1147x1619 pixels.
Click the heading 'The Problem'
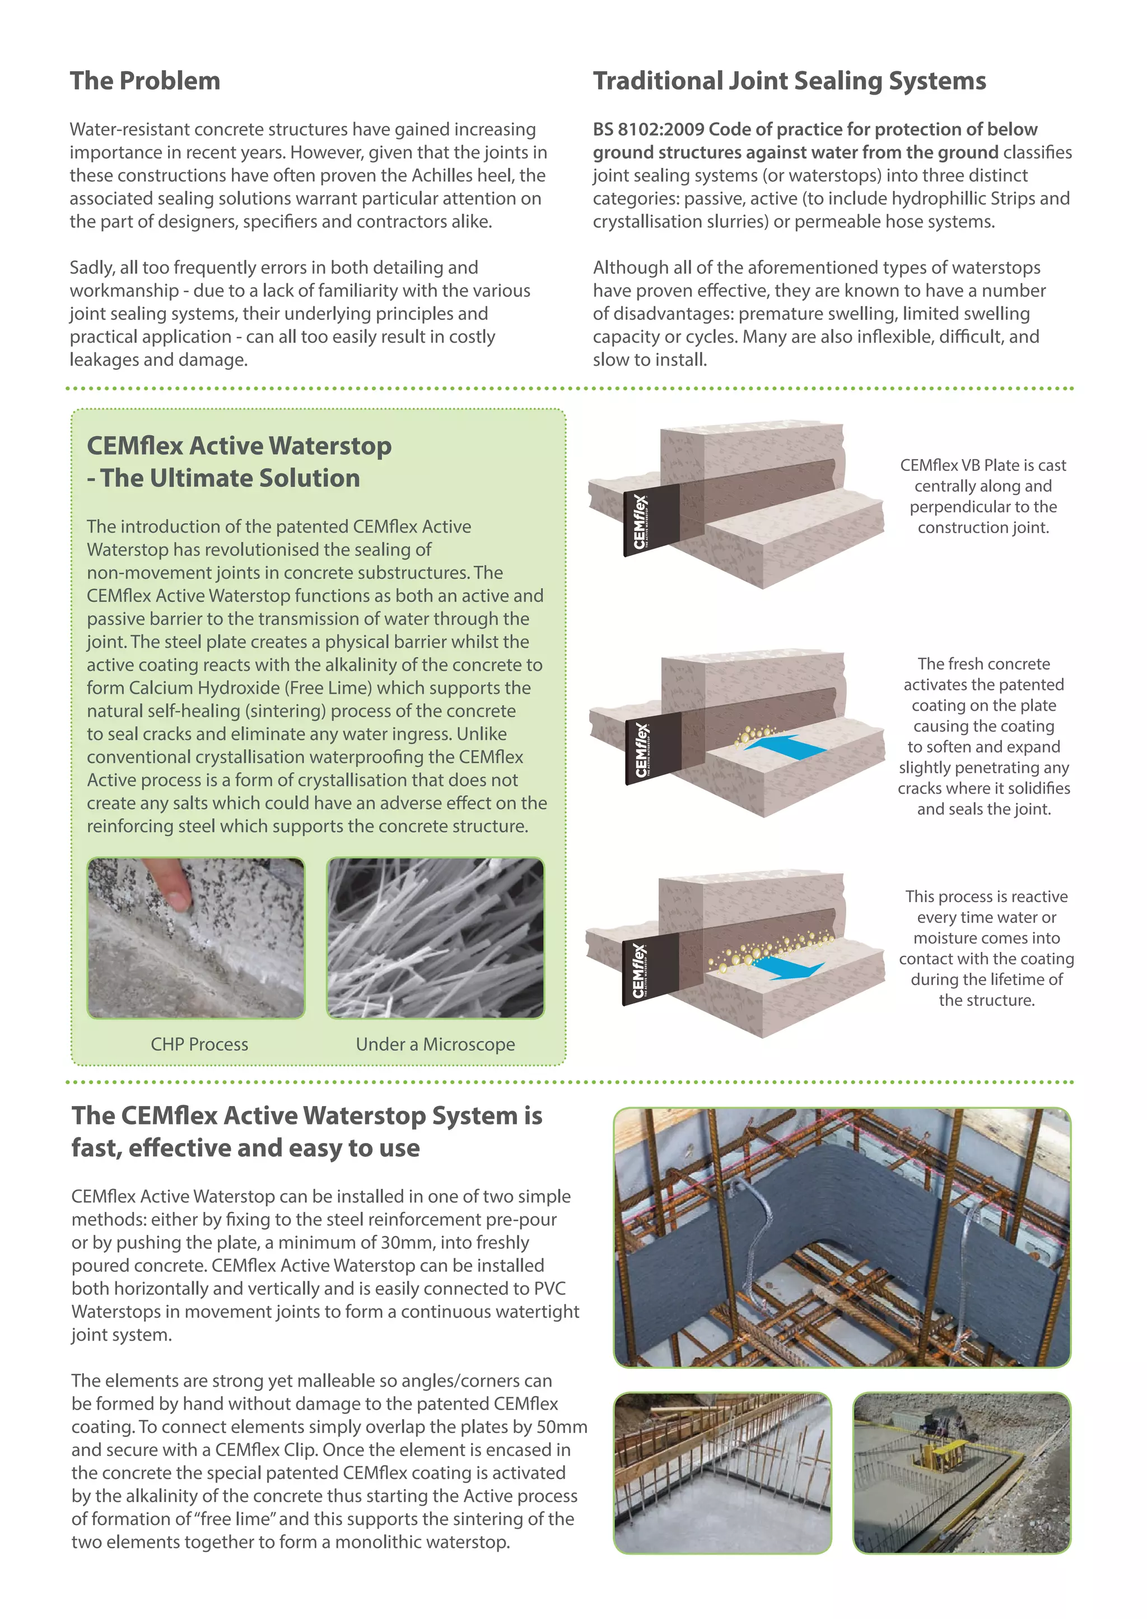(x=145, y=81)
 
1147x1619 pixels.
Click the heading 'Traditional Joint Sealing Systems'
(x=789, y=81)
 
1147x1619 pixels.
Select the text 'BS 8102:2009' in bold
(x=649, y=130)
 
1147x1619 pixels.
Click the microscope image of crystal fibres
(x=435, y=937)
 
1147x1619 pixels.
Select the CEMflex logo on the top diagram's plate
(x=641, y=521)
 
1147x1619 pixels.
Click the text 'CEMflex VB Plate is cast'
(x=982, y=465)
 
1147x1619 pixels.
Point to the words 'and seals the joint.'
(x=983, y=809)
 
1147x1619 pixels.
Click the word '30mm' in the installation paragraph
(x=400, y=1243)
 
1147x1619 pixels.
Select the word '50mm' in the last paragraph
(x=562, y=1427)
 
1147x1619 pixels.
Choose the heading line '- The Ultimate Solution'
(x=223, y=479)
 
